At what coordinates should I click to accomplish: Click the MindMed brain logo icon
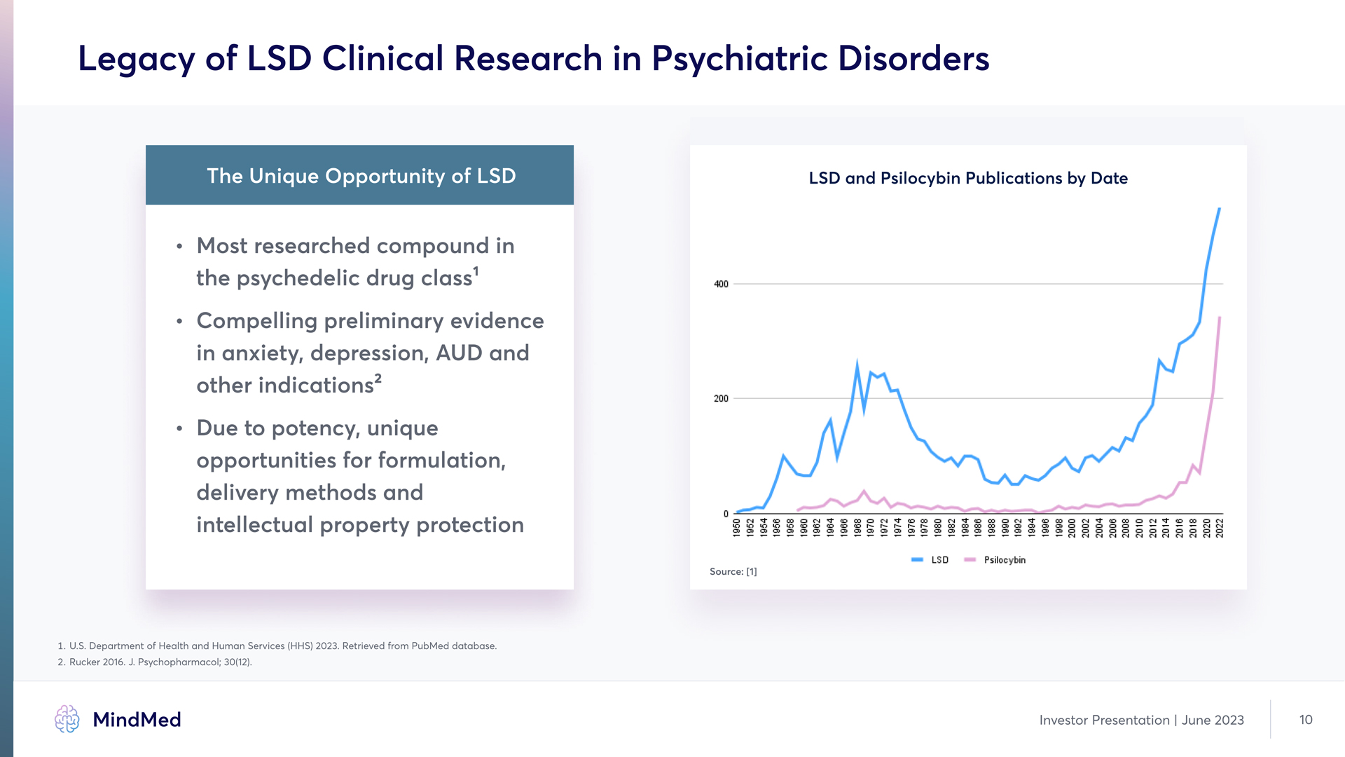[x=67, y=719]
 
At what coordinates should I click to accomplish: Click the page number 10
[x=1306, y=720]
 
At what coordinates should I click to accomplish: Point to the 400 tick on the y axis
[x=721, y=284]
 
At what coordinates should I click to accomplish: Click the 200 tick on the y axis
[x=721, y=399]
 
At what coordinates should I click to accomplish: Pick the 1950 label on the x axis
[x=736, y=528]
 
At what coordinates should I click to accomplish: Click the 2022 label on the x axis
[x=1220, y=528]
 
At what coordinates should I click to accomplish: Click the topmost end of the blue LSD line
[x=1220, y=209]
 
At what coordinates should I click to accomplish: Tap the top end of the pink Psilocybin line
[x=1220, y=318]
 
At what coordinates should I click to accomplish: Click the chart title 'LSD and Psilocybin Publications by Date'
[x=968, y=178]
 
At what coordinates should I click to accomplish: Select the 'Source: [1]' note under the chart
[x=733, y=572]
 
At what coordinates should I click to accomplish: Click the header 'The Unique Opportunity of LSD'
[x=361, y=176]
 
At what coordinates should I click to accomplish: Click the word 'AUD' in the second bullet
[x=459, y=353]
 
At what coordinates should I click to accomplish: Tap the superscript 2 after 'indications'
[x=378, y=378]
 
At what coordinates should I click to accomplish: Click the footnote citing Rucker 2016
[x=160, y=662]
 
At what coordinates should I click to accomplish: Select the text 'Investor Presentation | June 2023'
[x=1141, y=720]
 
